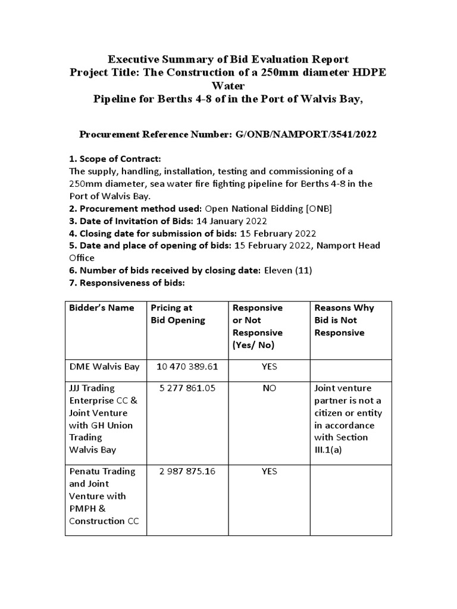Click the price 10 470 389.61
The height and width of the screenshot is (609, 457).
[187, 366]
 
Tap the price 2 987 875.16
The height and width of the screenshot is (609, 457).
[187, 471]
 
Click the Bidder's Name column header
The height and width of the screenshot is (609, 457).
[102, 307]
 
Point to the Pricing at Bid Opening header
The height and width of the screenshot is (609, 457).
[178, 313]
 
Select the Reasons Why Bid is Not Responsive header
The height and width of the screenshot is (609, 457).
[345, 320]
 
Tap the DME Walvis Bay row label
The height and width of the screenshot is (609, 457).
[104, 366]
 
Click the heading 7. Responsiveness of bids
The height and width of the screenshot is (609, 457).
[127, 283]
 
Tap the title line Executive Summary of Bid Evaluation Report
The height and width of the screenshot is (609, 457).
[228, 59]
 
